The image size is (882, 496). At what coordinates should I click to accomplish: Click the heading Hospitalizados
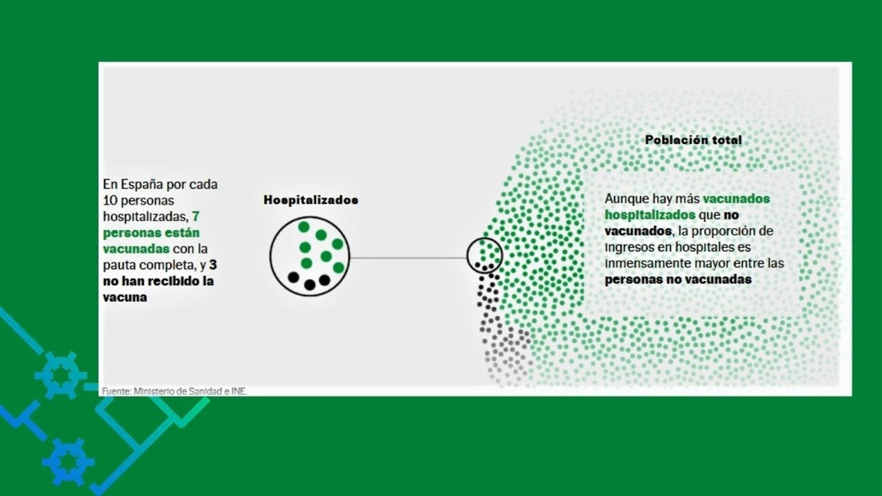pyautogui.click(x=310, y=200)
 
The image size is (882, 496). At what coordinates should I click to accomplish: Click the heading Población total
pyautogui.click(x=694, y=140)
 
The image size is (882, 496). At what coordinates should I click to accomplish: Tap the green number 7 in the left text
pyautogui.click(x=195, y=216)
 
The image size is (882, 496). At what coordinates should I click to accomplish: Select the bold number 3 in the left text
pyautogui.click(x=213, y=265)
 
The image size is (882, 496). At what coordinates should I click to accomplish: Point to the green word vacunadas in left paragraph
pyautogui.click(x=136, y=249)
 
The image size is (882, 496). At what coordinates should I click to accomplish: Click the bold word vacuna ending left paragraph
pyautogui.click(x=125, y=298)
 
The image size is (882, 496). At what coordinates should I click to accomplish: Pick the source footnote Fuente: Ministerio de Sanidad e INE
pyautogui.click(x=174, y=392)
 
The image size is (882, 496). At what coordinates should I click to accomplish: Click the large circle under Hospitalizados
pyautogui.click(x=270, y=256)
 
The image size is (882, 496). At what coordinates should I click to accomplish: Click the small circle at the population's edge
pyautogui.click(x=467, y=255)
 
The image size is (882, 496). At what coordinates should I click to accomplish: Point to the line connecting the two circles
pyautogui.click(x=409, y=258)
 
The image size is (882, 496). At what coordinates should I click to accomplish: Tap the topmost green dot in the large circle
pyautogui.click(x=303, y=226)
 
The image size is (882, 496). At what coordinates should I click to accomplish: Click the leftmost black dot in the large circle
pyautogui.click(x=294, y=277)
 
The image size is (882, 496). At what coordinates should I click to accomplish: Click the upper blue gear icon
pyautogui.click(x=61, y=375)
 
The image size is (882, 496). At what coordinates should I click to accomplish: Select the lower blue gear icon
pyautogui.click(x=68, y=462)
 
